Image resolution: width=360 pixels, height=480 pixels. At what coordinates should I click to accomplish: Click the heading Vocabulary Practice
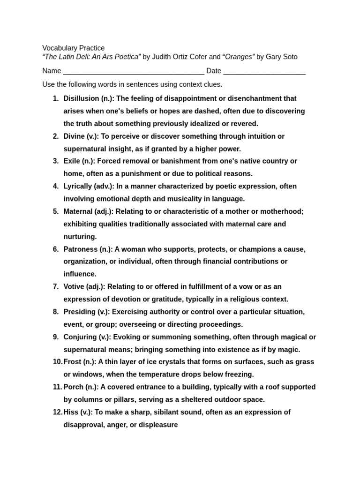(74, 48)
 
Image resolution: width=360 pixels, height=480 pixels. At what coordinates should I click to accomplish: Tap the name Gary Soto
(281, 57)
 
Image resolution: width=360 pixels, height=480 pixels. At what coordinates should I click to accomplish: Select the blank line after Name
(134, 71)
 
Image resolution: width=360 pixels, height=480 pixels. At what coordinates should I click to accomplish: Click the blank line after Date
(264, 71)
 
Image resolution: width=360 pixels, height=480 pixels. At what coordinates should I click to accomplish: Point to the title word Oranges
(240, 57)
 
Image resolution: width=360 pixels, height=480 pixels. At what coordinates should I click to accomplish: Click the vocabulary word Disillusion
(81, 98)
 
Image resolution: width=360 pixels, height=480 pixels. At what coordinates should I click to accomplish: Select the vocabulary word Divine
(74, 136)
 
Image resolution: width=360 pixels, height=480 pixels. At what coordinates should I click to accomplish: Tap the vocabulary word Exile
(72, 161)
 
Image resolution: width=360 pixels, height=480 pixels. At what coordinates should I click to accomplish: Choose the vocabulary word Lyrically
(78, 186)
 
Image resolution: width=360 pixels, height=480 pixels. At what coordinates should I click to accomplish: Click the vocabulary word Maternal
(78, 211)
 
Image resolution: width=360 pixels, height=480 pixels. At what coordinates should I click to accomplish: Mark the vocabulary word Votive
(74, 286)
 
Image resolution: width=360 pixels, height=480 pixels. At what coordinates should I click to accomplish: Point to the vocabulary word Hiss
(71, 412)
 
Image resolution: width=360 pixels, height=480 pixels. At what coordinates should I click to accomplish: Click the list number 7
(55, 286)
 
